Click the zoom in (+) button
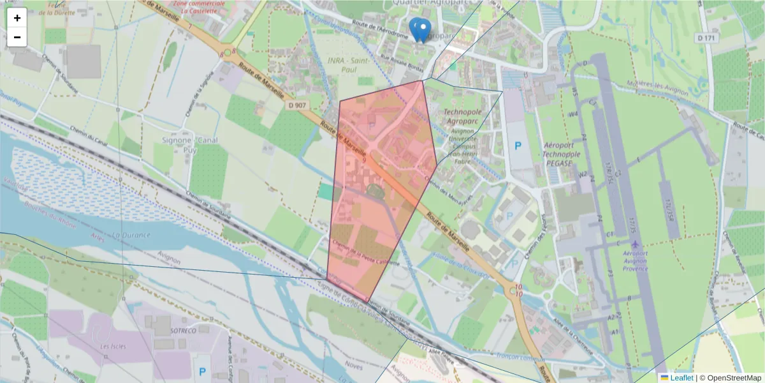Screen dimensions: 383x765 click(17, 18)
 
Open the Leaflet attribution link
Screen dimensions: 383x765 click(681, 378)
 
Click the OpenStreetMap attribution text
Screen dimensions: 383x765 click(730, 378)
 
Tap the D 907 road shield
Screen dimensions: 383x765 click(297, 105)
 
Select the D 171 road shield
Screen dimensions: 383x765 click(706, 38)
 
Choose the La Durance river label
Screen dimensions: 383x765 click(130, 235)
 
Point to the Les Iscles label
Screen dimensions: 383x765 click(113, 346)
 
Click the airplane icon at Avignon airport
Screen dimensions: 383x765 click(636, 244)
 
